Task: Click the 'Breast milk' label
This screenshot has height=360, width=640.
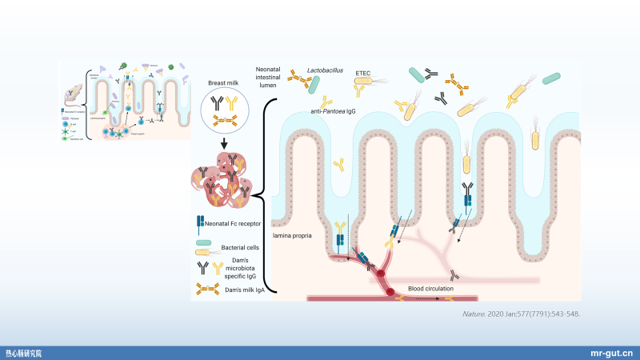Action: point(224,82)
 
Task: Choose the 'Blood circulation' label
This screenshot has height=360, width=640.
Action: point(430,287)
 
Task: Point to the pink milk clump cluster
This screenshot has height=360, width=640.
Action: point(225,181)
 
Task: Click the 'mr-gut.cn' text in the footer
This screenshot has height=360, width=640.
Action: point(611,352)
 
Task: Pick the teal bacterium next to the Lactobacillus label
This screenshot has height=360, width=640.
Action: point(418,74)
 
